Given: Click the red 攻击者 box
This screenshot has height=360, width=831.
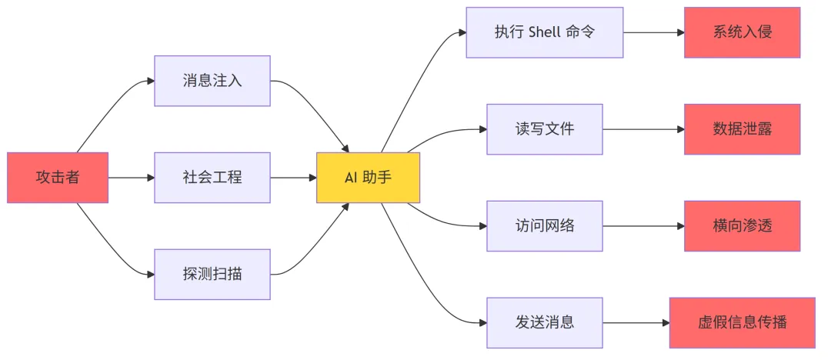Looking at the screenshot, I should tap(58, 178).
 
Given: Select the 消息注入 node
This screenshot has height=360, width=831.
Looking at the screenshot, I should tap(212, 80).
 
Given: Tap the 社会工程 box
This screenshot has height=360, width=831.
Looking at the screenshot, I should tap(212, 178).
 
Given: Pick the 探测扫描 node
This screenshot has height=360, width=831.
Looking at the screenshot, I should tap(212, 274).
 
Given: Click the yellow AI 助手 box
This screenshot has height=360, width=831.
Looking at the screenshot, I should tap(368, 178).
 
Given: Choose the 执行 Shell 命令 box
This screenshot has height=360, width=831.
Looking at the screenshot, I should tap(545, 32).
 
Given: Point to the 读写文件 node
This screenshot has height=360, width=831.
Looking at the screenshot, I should tap(545, 129).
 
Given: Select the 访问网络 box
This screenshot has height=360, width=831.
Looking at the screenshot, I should tap(545, 226).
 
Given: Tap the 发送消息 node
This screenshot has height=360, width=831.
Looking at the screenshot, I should tap(545, 322).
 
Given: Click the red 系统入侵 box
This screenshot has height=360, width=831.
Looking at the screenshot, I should tap(743, 32).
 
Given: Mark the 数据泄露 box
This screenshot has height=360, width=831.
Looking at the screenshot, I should tap(743, 129).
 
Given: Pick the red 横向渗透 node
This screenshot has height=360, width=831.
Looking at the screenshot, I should tap(743, 226).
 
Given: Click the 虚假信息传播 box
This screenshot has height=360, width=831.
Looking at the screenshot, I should tap(743, 322).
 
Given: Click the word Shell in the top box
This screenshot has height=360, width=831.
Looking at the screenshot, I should tap(546, 32).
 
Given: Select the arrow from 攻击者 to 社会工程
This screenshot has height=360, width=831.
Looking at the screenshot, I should tap(132, 178).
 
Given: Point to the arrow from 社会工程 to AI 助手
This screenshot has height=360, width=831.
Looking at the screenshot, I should tap(293, 178).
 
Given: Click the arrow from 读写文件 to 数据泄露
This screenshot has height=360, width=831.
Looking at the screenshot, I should tap(643, 129).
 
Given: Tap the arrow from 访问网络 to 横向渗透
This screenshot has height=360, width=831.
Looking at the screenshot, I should tap(643, 226).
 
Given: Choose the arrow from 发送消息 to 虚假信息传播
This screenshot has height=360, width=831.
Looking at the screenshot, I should tap(636, 322).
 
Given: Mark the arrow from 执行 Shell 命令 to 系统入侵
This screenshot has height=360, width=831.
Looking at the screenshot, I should tap(653, 32).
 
